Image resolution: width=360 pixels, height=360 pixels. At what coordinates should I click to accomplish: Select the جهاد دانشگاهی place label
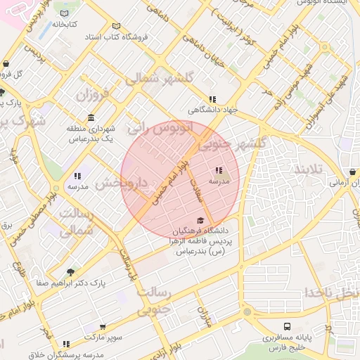(x=212, y=110)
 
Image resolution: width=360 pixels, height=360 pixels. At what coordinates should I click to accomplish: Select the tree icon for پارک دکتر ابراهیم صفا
(x=70, y=271)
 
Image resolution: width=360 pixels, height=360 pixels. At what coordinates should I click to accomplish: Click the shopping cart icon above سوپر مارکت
(x=103, y=328)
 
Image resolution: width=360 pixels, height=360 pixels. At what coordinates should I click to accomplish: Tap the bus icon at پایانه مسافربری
(x=287, y=327)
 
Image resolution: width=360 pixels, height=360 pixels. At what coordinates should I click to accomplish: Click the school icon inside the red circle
(x=218, y=171)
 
